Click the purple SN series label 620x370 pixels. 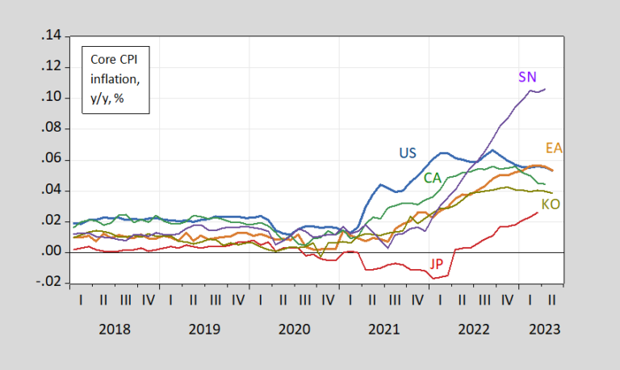[528, 77]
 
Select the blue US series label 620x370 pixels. [408, 152]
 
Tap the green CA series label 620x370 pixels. [433, 177]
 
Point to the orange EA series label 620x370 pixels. [554, 148]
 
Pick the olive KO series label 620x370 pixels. [551, 204]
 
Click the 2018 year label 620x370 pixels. [115, 330]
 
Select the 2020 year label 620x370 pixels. [294, 330]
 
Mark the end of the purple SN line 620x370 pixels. [545, 89]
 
